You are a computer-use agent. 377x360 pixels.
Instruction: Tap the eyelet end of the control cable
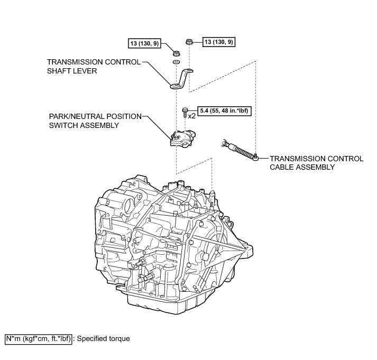coord(255,156)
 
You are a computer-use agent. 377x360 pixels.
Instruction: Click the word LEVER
coord(84,71)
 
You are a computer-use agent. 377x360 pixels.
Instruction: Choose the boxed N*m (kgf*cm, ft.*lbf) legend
coord(37,338)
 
